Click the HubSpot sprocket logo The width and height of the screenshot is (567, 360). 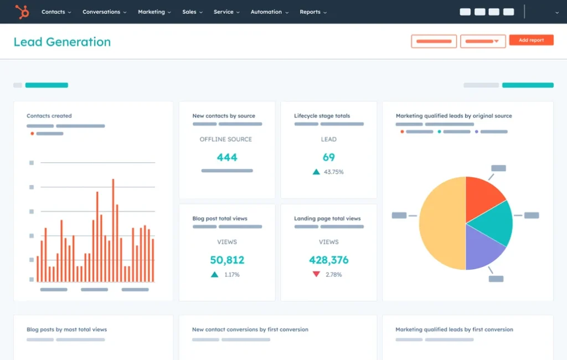click(22, 12)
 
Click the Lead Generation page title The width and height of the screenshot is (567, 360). click(62, 42)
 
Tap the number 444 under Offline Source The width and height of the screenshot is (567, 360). click(227, 157)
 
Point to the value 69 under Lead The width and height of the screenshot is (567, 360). click(328, 157)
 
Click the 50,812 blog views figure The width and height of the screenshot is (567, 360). click(227, 260)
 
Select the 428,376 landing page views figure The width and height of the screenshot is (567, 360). click(328, 260)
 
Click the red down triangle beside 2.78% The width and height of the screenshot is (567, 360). click(316, 274)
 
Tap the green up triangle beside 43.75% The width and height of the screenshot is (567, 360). click(316, 172)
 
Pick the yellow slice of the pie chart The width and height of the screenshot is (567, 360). click(441, 224)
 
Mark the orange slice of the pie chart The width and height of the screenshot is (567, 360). click(482, 194)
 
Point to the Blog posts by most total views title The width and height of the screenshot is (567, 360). click(66, 330)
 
